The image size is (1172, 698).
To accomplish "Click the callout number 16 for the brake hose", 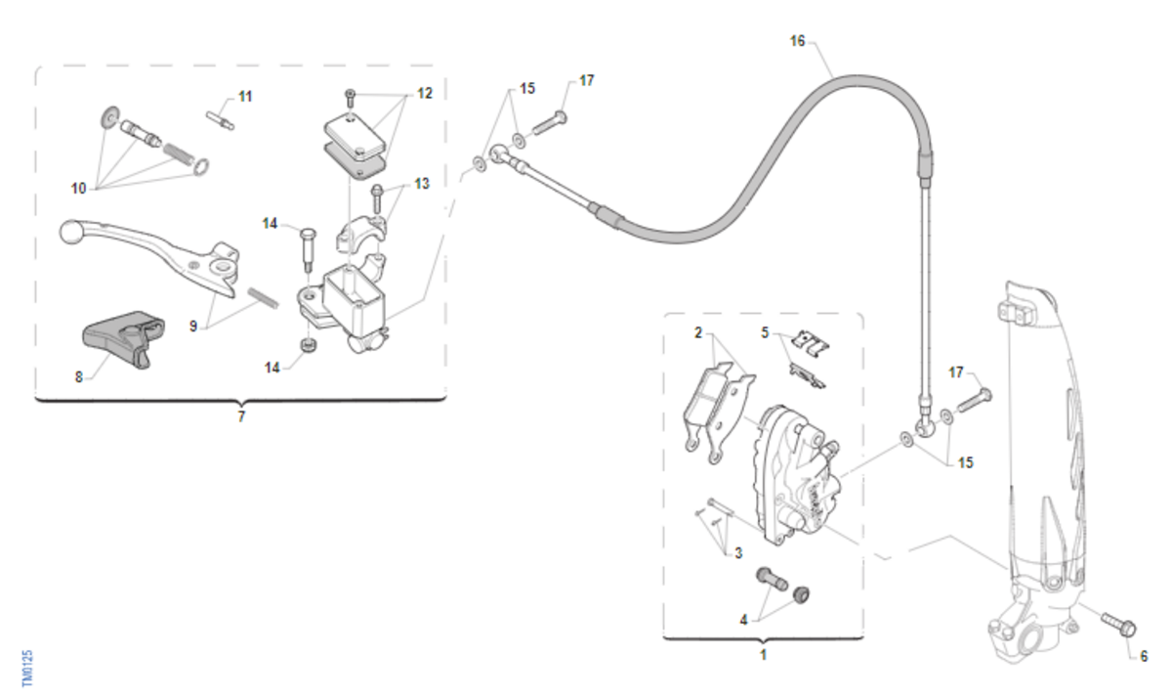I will click(x=798, y=41).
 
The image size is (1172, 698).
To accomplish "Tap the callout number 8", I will click(x=79, y=374).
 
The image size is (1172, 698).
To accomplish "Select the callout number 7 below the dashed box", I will click(x=241, y=416).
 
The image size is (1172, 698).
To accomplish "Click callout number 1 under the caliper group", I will click(x=763, y=654).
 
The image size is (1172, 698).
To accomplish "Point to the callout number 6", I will click(x=1144, y=656).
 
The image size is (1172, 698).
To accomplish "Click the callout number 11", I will click(x=245, y=96).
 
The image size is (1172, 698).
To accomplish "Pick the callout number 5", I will click(x=766, y=332).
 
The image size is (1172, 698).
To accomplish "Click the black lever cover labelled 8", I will click(x=118, y=336).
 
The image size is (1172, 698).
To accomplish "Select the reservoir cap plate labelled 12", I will click(x=352, y=129).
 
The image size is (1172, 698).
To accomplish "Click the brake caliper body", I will click(x=796, y=474).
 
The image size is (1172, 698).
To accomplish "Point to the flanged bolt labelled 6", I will click(x=1115, y=621).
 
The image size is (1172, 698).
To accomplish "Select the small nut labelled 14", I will click(x=305, y=346).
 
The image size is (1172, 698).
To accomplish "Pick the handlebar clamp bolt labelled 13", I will click(x=375, y=199).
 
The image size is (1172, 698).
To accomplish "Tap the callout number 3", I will click(x=738, y=553).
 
